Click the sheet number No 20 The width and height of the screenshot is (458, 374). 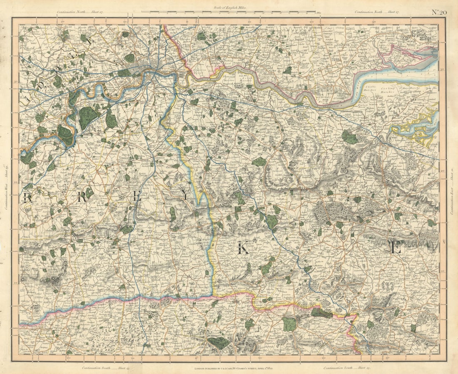pos(439,12)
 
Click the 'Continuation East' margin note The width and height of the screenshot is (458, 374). pos(452,191)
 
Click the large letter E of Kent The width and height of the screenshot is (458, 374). pos(395,248)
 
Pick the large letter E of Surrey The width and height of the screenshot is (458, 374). pos(137,196)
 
